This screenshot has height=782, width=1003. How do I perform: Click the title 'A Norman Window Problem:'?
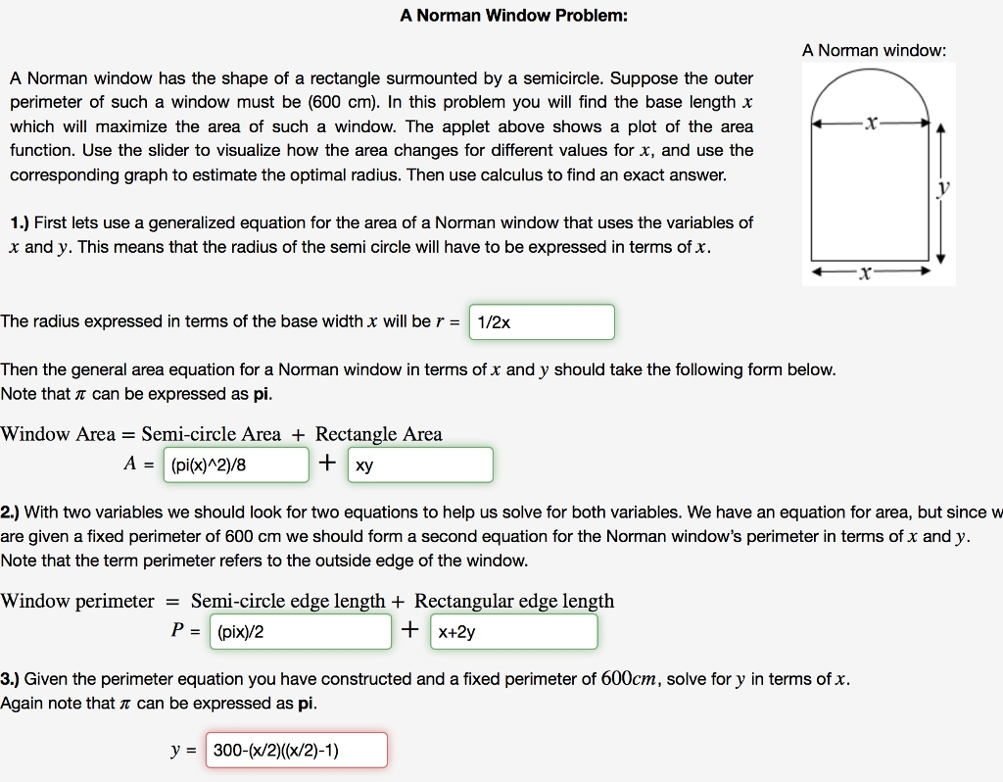pos(514,16)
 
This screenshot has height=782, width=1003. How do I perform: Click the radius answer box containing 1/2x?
pos(542,322)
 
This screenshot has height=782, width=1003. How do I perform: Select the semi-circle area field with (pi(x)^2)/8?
pos(236,465)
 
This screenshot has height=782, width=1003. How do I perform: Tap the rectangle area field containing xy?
pos(419,465)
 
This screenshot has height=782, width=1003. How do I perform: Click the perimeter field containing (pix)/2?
pos(300,632)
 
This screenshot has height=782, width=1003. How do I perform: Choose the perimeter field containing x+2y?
pos(513,632)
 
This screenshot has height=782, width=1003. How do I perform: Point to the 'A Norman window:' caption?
pos(874,50)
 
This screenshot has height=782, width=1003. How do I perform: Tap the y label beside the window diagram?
pos(943,190)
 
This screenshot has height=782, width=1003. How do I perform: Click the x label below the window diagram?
pos(864,274)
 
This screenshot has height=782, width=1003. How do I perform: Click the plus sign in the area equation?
pos(327,464)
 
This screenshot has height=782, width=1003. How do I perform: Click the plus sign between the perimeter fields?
pos(409,630)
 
